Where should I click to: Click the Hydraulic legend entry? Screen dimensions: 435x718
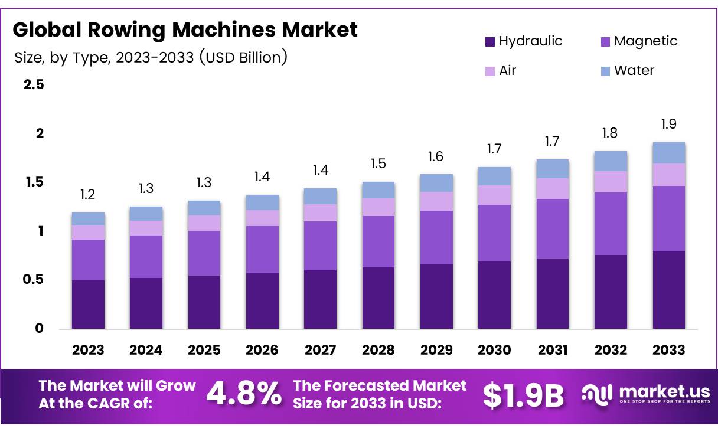(x=523, y=41)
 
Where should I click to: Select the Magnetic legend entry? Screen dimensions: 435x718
(x=638, y=41)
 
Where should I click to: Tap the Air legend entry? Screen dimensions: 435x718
(x=500, y=71)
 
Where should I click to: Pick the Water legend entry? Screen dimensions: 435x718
(x=627, y=71)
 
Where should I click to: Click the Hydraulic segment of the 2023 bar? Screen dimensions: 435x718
(x=88, y=304)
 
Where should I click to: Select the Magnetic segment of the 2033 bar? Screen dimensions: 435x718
(x=669, y=218)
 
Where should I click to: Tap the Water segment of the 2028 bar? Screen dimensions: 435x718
(x=378, y=190)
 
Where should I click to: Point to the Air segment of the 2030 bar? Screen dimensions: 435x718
(x=494, y=195)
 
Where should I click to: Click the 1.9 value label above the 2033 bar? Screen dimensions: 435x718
(x=669, y=124)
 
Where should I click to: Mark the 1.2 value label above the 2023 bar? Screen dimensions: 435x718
(x=88, y=195)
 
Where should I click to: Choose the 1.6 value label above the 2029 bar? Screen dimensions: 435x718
(x=436, y=156)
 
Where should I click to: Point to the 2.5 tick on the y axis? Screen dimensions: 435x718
(x=33, y=85)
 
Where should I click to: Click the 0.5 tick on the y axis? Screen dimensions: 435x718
(x=33, y=280)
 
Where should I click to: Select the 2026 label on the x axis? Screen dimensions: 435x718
(x=262, y=350)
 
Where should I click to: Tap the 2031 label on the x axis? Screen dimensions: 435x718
(x=553, y=350)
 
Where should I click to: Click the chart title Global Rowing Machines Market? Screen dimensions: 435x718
(x=185, y=30)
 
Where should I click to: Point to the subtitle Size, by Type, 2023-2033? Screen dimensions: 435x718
(x=151, y=57)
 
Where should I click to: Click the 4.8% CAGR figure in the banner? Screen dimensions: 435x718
(x=244, y=394)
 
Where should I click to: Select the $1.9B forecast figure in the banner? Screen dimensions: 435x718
(x=523, y=395)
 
